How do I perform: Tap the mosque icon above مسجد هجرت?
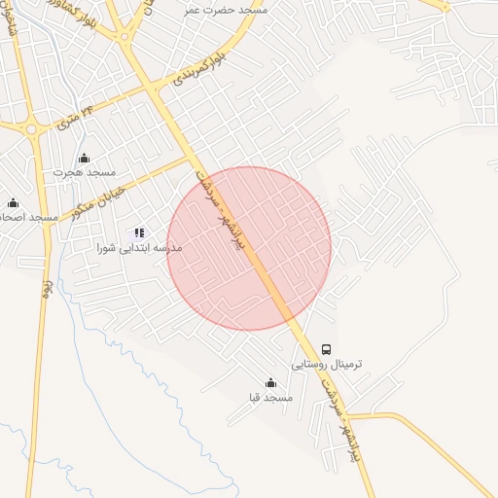pos(84,159)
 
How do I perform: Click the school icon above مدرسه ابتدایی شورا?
pos(139,233)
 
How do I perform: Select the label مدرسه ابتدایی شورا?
pos(126,248)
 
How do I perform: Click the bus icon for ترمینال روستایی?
pos(326,349)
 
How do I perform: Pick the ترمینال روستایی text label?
pos(326,365)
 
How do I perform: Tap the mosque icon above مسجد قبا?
pos(270,383)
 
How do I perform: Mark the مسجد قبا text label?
pos(270,398)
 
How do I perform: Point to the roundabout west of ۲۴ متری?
pos(33,127)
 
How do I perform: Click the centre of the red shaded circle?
pos(249,248)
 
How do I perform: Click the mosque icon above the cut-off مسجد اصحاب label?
pos(13,202)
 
